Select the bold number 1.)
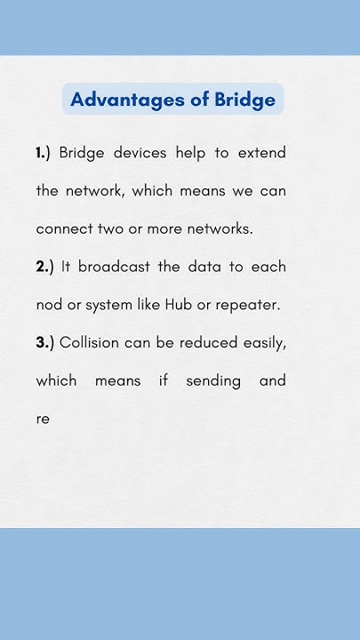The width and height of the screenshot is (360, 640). [44, 153]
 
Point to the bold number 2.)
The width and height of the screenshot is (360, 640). [44, 267]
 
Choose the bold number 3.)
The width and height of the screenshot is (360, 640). [44, 342]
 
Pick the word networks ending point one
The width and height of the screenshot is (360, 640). [222, 228]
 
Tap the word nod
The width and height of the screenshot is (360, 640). [48, 305]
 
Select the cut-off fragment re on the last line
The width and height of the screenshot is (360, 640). [43, 419]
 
